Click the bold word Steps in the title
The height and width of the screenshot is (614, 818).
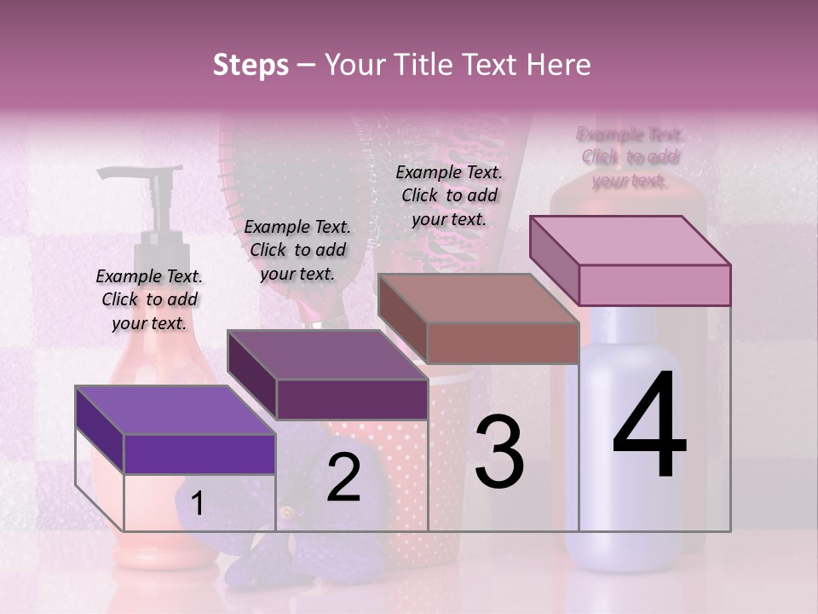pos(251,65)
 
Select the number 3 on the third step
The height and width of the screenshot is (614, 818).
pos(498,452)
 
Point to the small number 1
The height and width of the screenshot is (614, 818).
pos(197,504)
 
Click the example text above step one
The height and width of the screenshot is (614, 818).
pos(149,299)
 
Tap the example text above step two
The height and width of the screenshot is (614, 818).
pos(297,250)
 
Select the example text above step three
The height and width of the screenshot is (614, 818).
pos(449,195)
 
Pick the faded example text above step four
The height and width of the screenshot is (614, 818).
pos(631,158)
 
